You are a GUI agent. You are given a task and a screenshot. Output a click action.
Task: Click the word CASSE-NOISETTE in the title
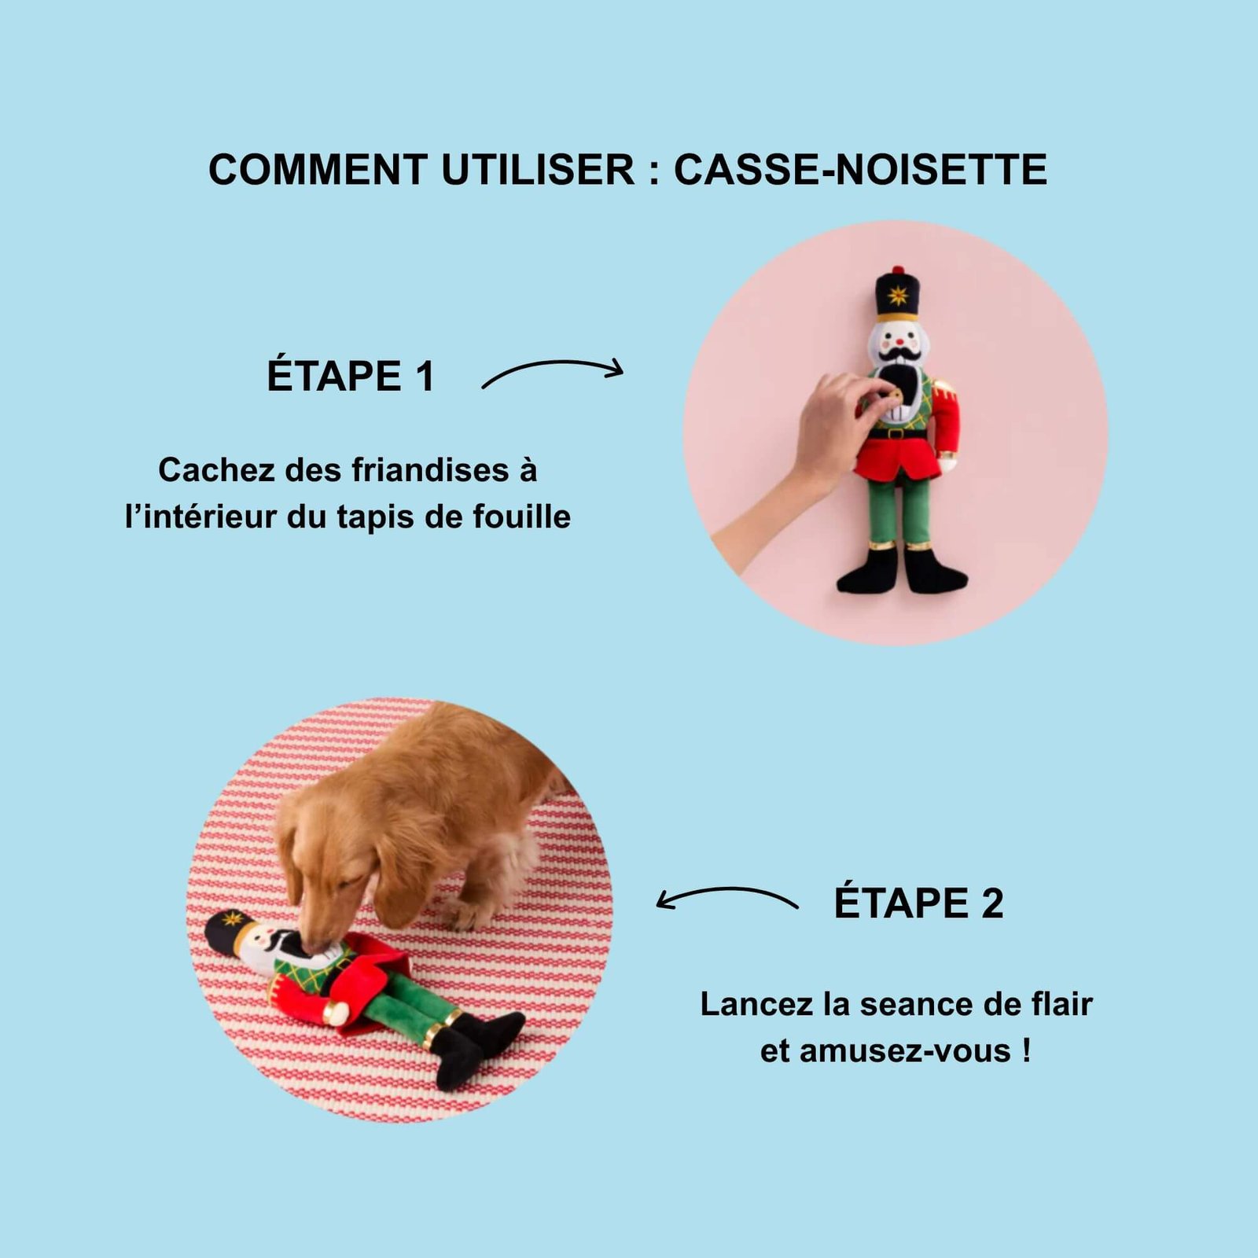860,169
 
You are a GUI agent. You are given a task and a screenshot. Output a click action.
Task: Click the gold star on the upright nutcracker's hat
897,297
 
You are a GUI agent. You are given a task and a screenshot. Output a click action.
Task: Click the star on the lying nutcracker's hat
233,918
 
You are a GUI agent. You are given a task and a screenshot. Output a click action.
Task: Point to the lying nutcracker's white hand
337,1013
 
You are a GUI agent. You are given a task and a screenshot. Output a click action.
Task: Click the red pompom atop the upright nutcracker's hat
898,270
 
